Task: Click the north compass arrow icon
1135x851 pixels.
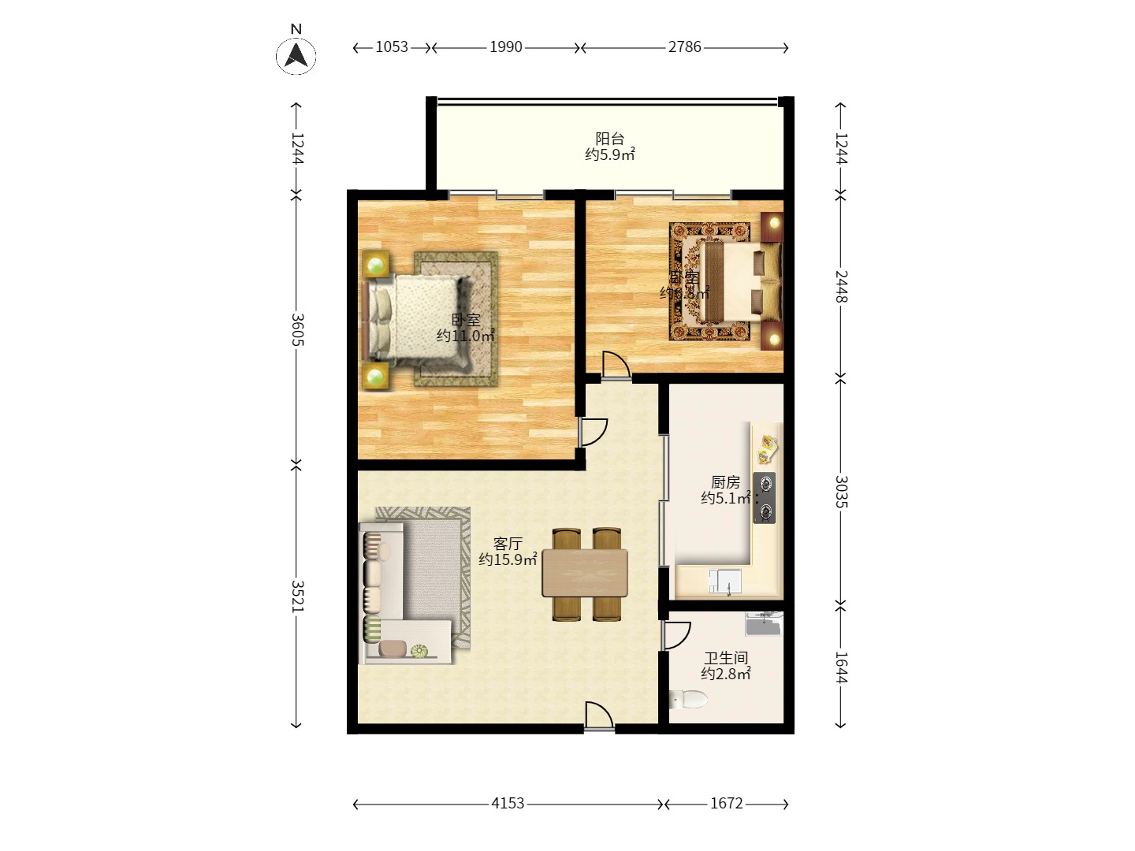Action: (x=296, y=55)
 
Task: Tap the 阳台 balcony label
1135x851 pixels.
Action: (x=609, y=139)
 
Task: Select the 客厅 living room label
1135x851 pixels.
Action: (x=508, y=544)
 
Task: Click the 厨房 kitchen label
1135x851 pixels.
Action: (x=725, y=482)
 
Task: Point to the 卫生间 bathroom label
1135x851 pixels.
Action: (x=725, y=658)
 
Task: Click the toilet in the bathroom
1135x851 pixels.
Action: (x=688, y=699)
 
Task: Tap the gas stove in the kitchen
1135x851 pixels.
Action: (x=763, y=498)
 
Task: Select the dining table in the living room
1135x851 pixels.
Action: (x=585, y=573)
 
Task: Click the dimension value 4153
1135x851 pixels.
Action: (x=508, y=803)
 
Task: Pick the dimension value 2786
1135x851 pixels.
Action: (x=684, y=47)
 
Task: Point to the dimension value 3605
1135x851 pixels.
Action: (x=297, y=329)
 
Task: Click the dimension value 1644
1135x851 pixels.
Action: (x=841, y=667)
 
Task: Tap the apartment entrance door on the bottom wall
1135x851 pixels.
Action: (x=599, y=717)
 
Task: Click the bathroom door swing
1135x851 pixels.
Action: (x=675, y=635)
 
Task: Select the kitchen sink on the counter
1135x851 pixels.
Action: (x=724, y=582)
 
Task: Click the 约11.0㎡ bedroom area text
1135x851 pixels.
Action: (x=466, y=336)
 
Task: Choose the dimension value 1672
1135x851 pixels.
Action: (x=726, y=803)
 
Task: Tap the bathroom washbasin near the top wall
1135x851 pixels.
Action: (x=763, y=624)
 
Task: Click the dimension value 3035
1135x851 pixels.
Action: (x=841, y=492)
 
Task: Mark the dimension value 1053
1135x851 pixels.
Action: (x=392, y=47)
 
